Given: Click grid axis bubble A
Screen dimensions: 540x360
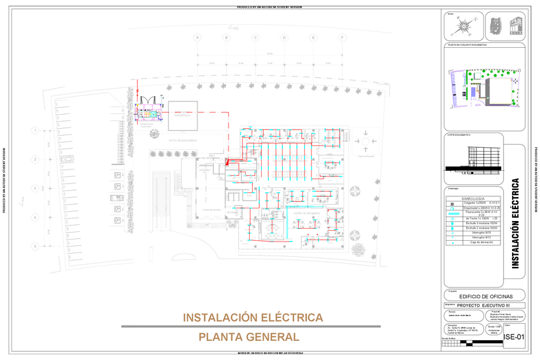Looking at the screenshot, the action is click(x=197, y=38).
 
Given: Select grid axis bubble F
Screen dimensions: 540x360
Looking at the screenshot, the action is click(x=343, y=38).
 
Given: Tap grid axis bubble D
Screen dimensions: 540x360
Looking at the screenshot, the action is click(x=285, y=38).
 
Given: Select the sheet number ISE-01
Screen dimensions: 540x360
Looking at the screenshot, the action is click(x=514, y=336).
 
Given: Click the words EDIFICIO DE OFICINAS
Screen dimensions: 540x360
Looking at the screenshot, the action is click(x=486, y=296).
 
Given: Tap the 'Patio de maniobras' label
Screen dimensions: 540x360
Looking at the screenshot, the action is click(x=183, y=140).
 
